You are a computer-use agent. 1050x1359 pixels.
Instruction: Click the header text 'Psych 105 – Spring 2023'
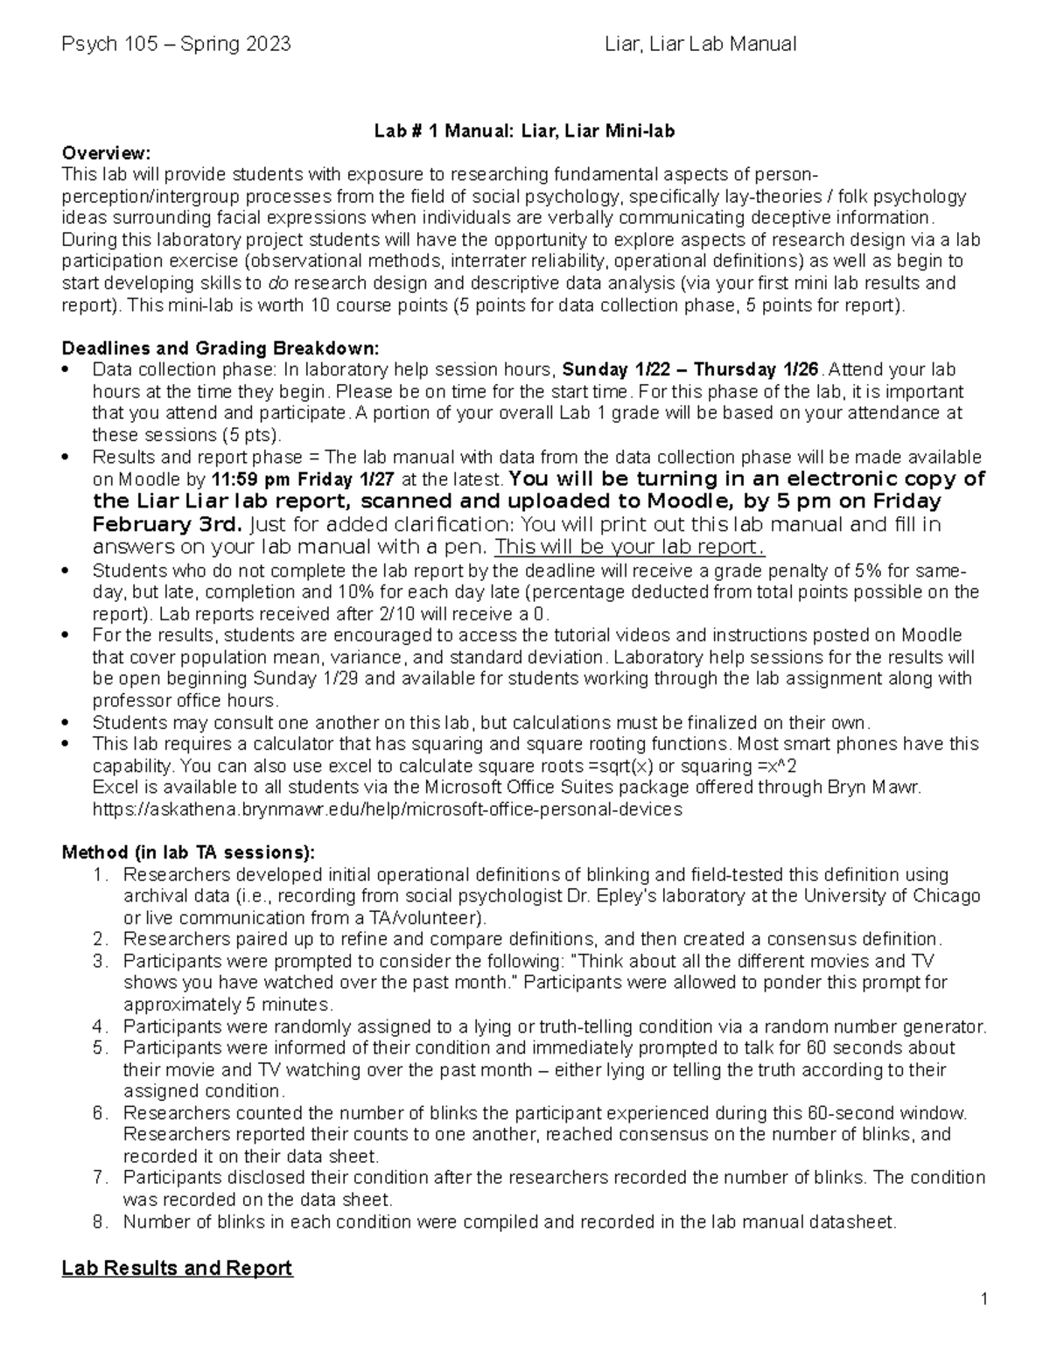point(176,44)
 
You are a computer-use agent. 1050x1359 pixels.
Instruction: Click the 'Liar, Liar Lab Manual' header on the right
point(700,44)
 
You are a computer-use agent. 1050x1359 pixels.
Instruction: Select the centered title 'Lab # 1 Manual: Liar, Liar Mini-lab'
point(525,131)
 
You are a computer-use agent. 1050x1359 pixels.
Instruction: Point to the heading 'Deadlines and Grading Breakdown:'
point(220,347)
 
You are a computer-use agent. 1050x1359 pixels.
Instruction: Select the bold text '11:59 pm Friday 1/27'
point(303,480)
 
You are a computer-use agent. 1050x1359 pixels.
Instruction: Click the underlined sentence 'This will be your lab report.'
point(630,547)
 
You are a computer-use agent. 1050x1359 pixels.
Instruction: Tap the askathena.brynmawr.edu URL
point(387,809)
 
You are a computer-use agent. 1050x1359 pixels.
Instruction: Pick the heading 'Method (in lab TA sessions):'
point(187,852)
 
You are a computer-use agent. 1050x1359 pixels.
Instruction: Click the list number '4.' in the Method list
point(101,1026)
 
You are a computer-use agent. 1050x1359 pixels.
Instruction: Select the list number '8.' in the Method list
point(101,1222)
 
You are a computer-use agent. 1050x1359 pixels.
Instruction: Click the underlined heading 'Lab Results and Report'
point(177,1268)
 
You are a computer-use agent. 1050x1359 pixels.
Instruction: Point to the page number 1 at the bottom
point(984,1299)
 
